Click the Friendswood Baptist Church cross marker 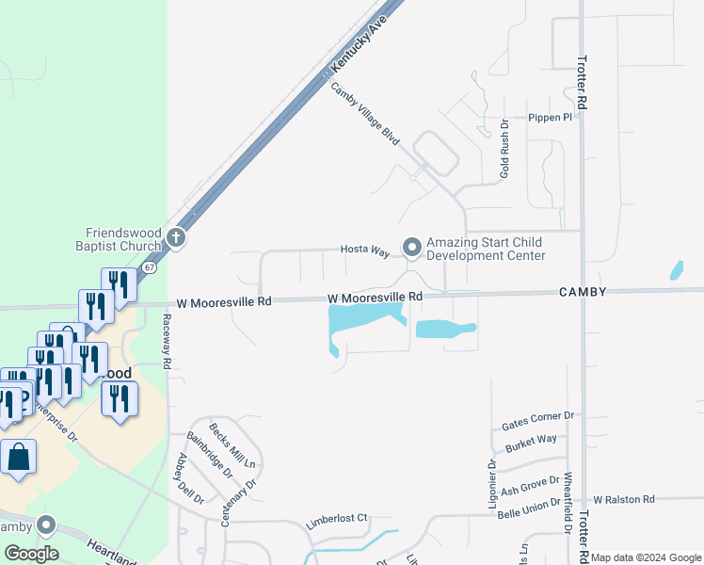tap(176, 238)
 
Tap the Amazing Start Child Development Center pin tap(411, 247)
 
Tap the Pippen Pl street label tap(550, 118)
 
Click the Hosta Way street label tap(365, 251)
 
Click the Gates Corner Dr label tap(537, 416)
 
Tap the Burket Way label tap(531, 440)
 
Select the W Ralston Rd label tap(623, 499)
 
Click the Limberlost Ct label tap(336, 520)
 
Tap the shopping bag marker tap(18, 459)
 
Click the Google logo tap(31, 554)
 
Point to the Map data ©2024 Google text tap(645, 557)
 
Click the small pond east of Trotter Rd tap(676, 271)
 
